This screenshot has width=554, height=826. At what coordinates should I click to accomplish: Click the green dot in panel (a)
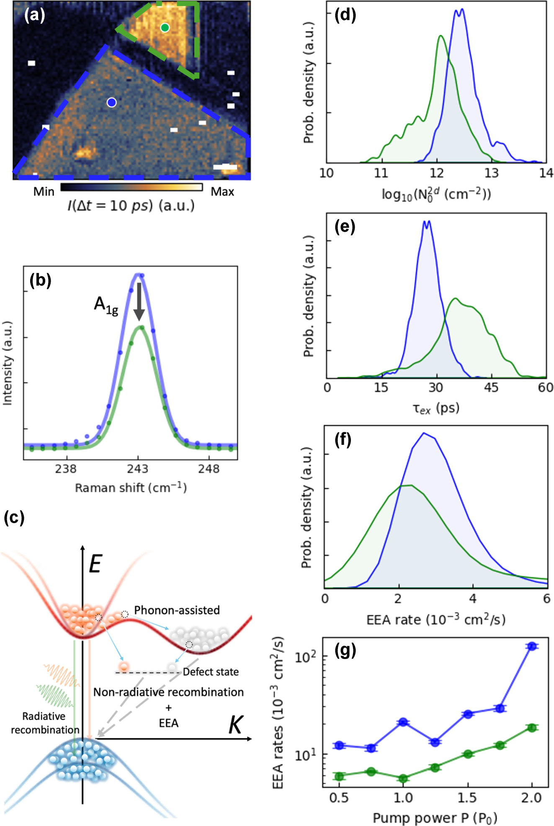tap(165, 28)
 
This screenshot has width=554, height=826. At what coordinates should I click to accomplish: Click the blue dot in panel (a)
tap(111, 102)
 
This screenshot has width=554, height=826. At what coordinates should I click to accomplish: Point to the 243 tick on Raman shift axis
tap(138, 469)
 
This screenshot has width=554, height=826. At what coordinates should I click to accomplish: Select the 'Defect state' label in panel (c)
tap(211, 672)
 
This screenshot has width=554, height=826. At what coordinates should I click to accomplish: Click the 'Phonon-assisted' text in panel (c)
tap(177, 610)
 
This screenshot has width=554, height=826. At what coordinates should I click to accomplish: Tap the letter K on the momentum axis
tap(236, 725)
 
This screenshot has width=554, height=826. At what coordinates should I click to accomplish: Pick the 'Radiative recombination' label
tap(44, 723)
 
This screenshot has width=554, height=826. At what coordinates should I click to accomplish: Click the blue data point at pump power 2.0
tap(532, 646)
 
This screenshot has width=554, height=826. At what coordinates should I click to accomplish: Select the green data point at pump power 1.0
tap(403, 779)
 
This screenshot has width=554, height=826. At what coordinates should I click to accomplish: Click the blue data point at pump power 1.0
tap(403, 722)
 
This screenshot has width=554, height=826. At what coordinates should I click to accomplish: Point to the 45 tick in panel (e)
tap(491, 387)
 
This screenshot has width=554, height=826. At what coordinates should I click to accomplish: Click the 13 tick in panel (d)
tap(492, 173)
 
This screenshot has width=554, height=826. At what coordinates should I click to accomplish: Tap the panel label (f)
tap(343, 440)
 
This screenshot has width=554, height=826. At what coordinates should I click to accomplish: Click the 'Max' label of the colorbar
tap(222, 192)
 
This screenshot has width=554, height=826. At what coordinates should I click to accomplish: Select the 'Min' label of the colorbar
tap(44, 192)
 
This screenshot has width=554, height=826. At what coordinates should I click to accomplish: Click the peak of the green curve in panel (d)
tap(441, 36)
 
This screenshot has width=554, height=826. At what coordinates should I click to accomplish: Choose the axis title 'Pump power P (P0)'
tap(435, 818)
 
